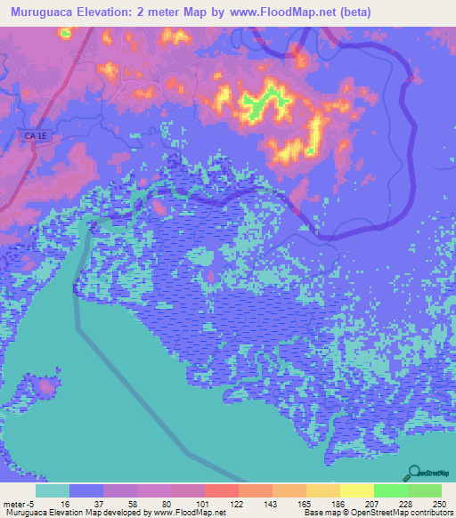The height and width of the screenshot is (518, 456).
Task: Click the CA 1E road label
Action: tap(32, 134)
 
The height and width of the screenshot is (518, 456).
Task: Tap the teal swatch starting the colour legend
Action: tap(53, 490)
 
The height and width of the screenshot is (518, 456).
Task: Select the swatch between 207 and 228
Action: tap(390, 490)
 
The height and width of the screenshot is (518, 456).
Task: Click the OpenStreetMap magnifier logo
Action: tap(415, 473)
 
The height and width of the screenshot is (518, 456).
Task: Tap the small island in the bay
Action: tap(45, 387)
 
